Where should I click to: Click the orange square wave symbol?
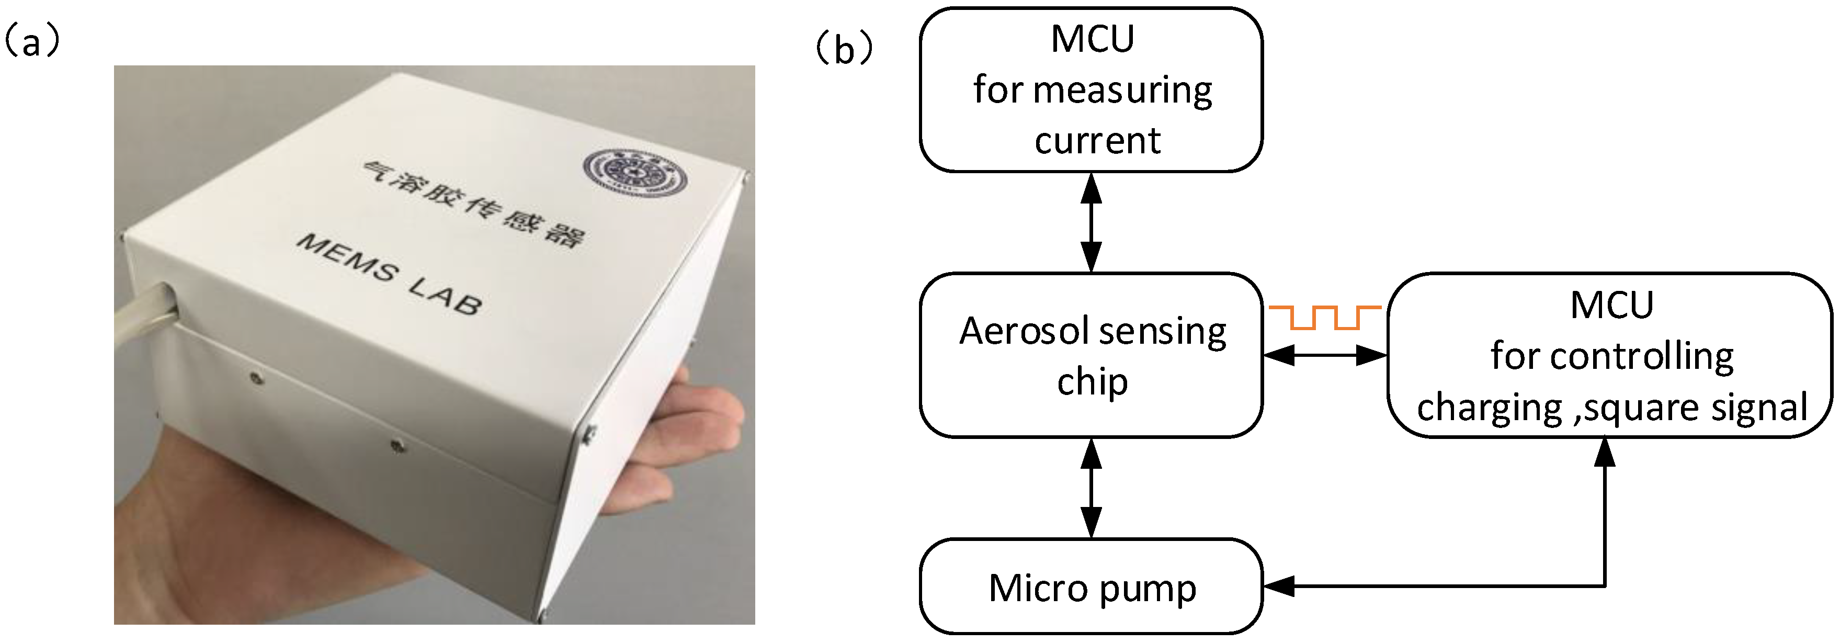tap(1325, 317)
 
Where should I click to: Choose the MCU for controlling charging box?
tap(1611, 355)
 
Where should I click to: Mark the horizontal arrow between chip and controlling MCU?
tap(1325, 355)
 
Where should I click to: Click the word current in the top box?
tap(1097, 140)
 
